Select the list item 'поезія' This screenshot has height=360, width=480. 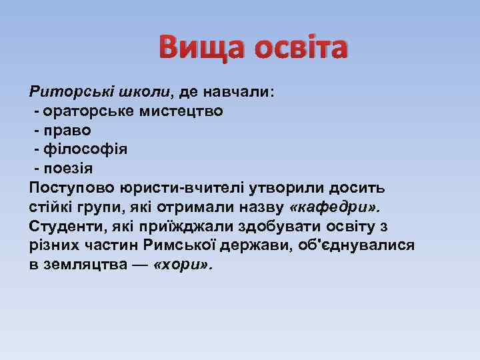click(x=73, y=168)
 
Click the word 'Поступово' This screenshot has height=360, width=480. click(x=69, y=187)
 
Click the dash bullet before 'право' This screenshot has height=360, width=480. click(x=37, y=130)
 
